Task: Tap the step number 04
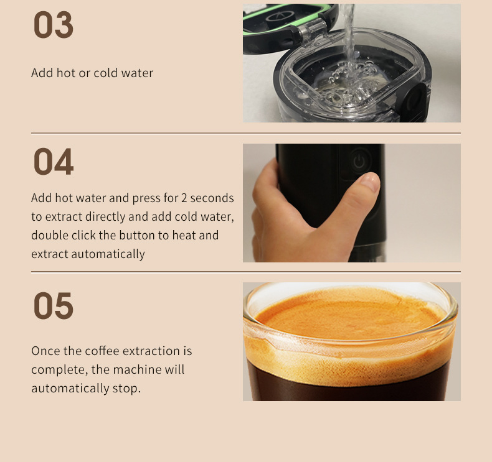tap(53, 162)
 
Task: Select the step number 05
tap(53, 306)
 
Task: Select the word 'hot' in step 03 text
tap(65, 73)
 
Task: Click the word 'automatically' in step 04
tap(108, 254)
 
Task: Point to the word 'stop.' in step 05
tap(127, 389)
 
